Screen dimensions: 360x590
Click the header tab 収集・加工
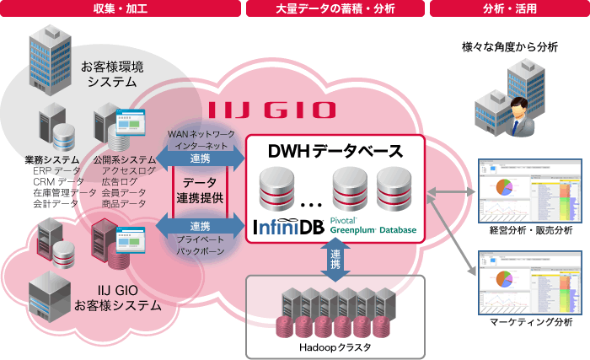point(120,9)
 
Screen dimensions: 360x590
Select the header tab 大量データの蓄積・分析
point(335,9)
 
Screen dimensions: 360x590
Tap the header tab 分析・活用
point(509,9)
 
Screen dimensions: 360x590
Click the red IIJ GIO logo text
point(272,110)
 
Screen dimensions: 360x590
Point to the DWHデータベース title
point(335,153)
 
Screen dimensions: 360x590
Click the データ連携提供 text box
point(201,191)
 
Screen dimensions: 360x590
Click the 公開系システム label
point(123,159)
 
